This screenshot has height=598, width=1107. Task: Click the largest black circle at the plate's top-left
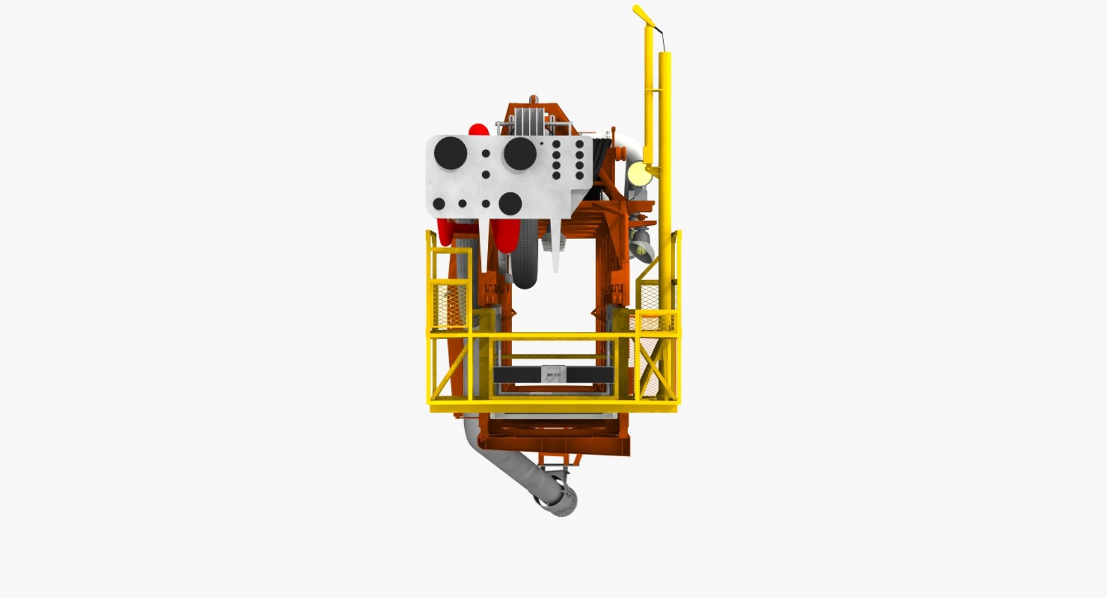coord(450,153)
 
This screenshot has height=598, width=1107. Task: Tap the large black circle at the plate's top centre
coord(520,154)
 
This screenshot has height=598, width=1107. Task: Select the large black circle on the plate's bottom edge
coord(510,203)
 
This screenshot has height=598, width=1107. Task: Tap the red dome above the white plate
coord(478,130)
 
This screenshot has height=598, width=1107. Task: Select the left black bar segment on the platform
coord(517,375)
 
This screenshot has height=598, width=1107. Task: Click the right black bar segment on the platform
coord(589,375)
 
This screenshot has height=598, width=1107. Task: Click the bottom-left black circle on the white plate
coord(439,203)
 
